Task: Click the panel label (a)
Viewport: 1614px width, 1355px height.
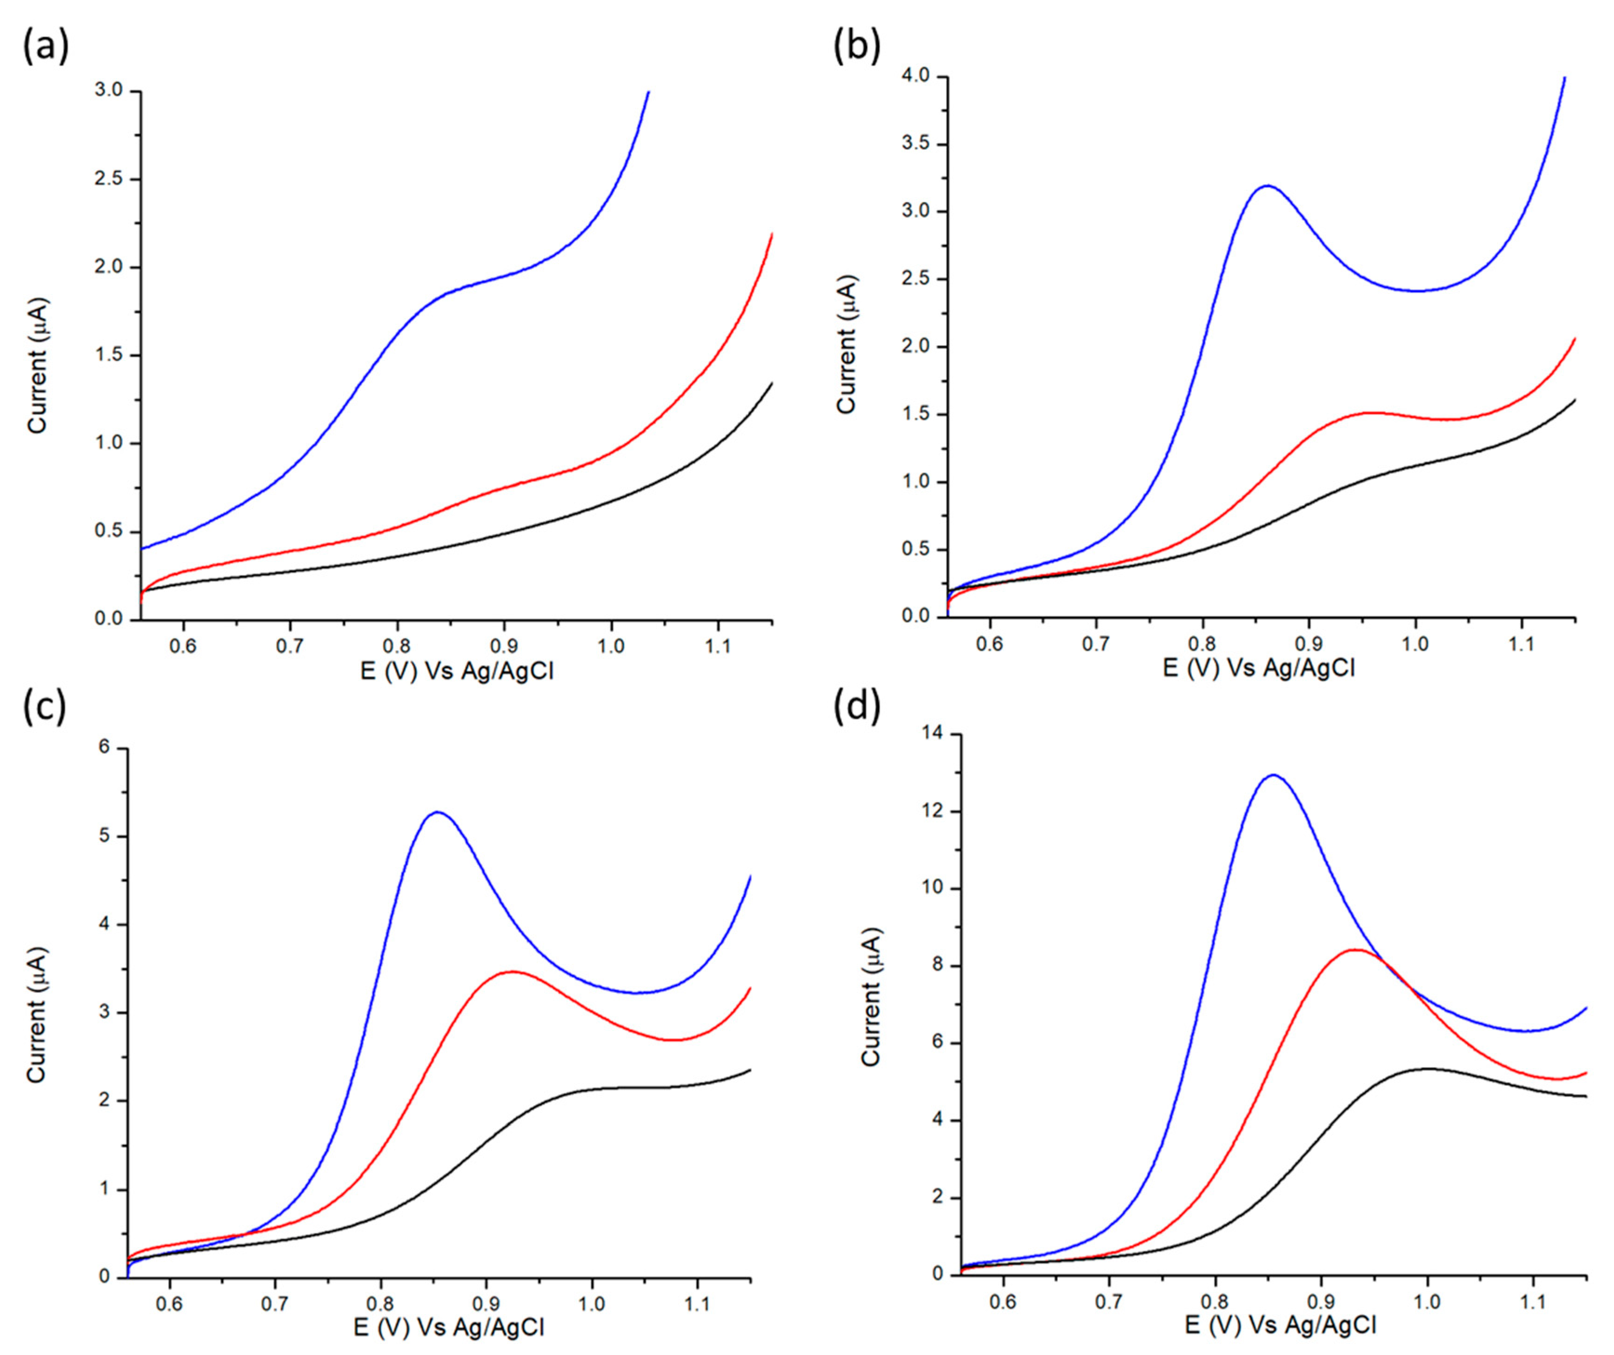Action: (x=45, y=47)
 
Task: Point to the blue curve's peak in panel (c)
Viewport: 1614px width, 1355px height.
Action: (x=438, y=812)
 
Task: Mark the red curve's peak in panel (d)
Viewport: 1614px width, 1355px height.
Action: (x=1354, y=950)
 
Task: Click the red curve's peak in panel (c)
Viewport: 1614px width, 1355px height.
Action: (x=512, y=972)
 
